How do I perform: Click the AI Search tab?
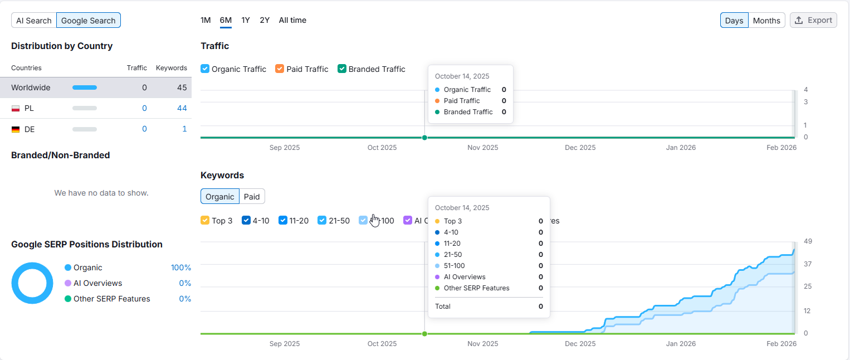coord(34,21)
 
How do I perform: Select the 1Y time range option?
coord(246,20)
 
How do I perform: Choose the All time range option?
coord(292,20)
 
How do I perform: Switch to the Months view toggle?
coord(766,21)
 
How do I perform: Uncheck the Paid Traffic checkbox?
coord(280,69)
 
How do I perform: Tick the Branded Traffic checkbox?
coord(342,69)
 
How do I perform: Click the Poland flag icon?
coord(16,108)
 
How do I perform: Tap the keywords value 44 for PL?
coord(182,108)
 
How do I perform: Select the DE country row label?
coord(30,129)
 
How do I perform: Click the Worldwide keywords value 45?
coord(182,87)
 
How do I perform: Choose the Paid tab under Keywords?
coord(252,197)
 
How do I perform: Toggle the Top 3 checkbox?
coord(205,221)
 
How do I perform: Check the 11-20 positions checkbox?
coord(283,221)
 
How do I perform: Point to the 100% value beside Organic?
coord(180,267)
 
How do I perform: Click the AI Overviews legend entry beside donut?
coord(97,283)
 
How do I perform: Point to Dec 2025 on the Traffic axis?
coord(580,148)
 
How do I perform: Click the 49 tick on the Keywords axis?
coord(808,241)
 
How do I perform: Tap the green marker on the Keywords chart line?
coord(424,334)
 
